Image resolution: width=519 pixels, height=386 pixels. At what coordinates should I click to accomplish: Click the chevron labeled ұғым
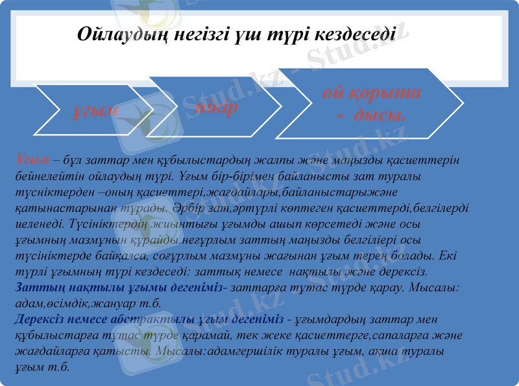(x=95, y=110)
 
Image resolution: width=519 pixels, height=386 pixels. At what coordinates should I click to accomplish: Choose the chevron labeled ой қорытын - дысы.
(x=372, y=104)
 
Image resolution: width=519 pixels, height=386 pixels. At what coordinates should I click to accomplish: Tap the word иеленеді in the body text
(x=38, y=224)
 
